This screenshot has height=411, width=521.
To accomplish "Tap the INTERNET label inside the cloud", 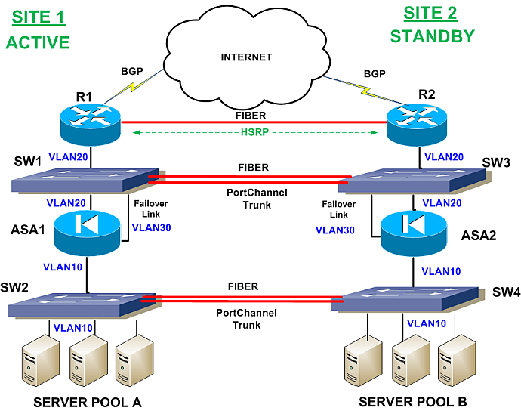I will coord(245,57).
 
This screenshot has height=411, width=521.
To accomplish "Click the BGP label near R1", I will coord(132,73).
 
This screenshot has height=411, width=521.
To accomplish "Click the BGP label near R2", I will coord(375,76).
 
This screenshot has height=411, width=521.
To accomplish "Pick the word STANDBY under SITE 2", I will coord(433,36).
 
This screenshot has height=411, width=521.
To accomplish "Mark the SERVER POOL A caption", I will coord(88,401).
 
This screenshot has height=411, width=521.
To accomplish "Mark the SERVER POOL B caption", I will coord(413,401).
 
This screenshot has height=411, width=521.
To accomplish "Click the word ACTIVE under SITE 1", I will coord(38,42).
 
